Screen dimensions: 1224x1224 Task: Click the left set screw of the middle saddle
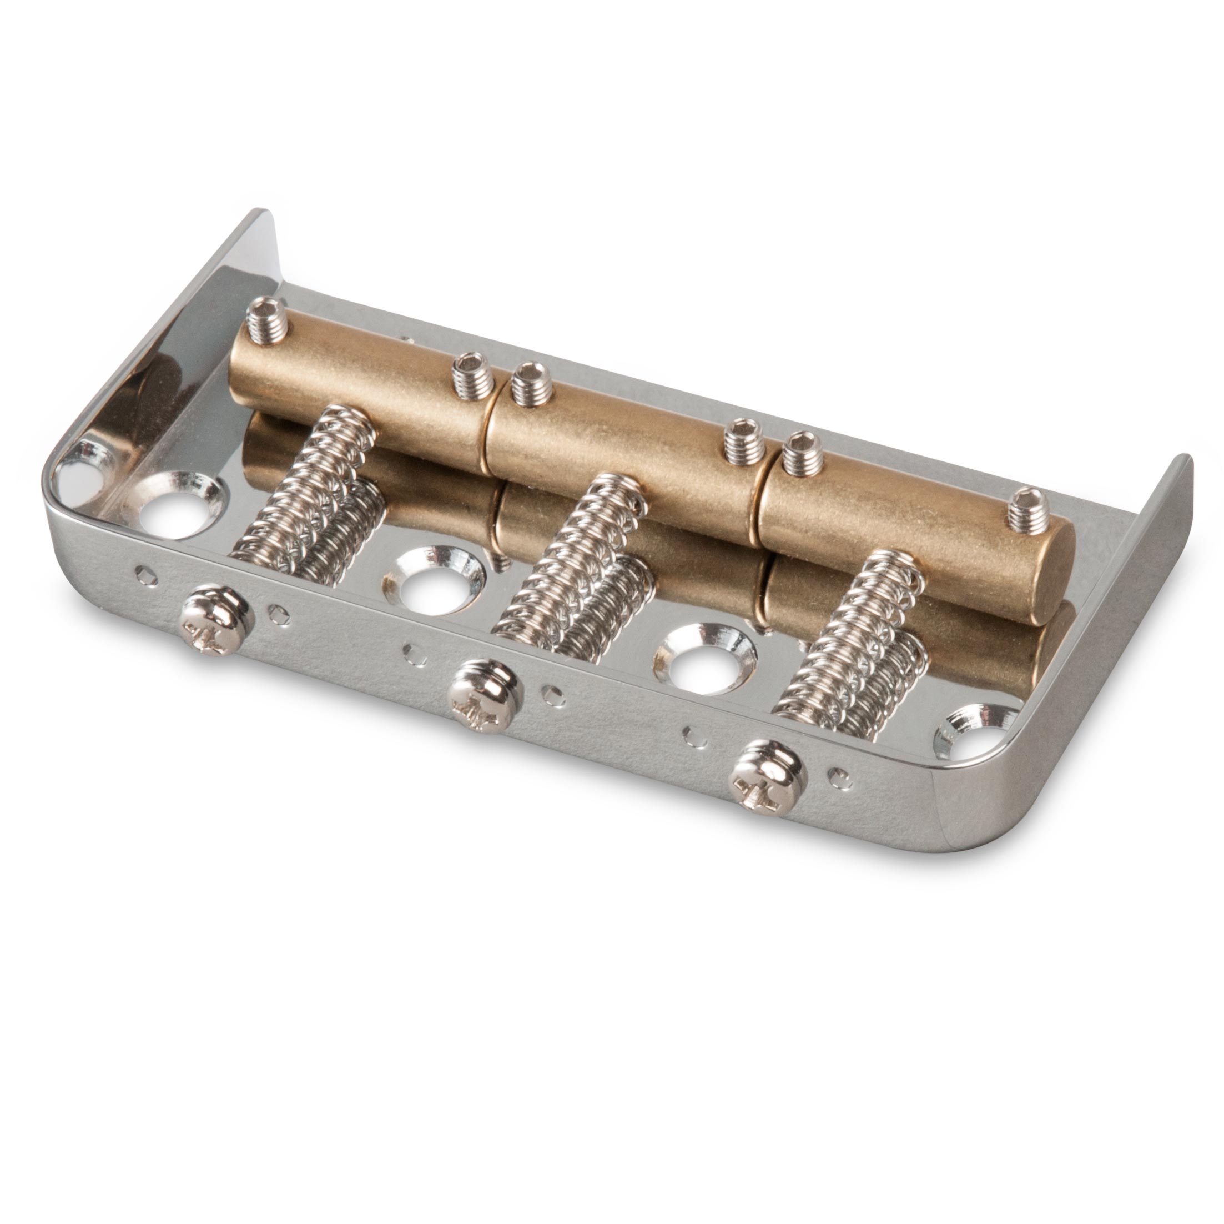coord(529,384)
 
